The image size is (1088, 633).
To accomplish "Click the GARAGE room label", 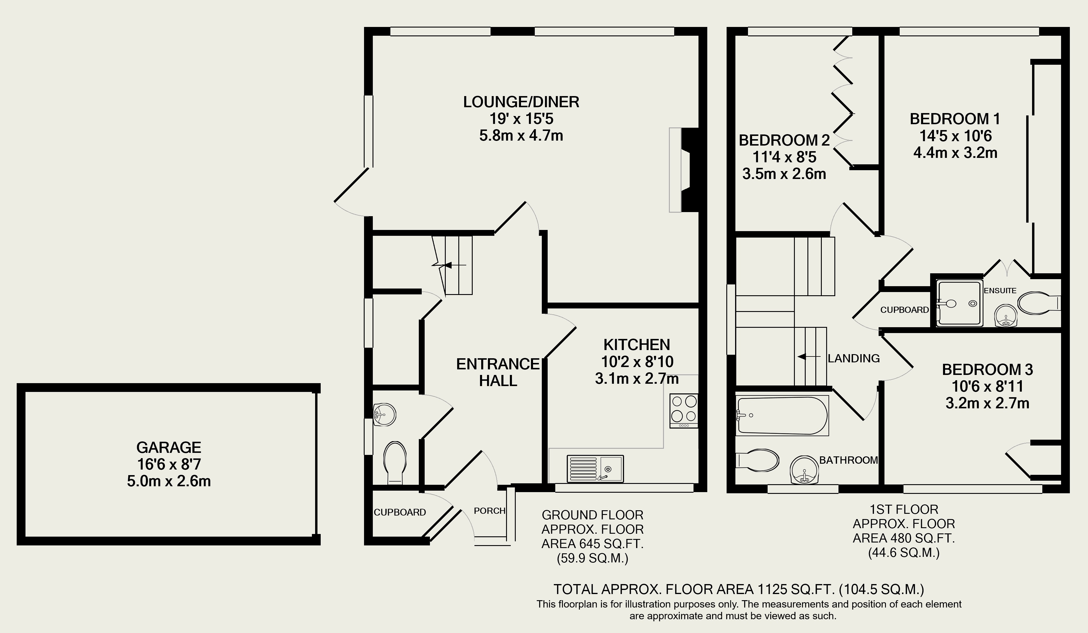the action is pos(169,447).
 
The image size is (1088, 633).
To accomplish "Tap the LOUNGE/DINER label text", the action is pos(521,102).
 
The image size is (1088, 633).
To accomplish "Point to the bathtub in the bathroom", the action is pos(782,415).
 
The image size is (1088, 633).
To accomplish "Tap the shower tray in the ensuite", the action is pos(960,303).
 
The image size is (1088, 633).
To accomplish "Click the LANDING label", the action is pos(854,358).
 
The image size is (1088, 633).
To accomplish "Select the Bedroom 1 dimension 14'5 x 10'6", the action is pos(955,136).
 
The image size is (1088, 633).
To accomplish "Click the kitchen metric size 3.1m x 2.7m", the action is pos(637,379).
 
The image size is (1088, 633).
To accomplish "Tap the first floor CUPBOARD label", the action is pos(904,310).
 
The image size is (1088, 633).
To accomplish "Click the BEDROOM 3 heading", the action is pos(988,370).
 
